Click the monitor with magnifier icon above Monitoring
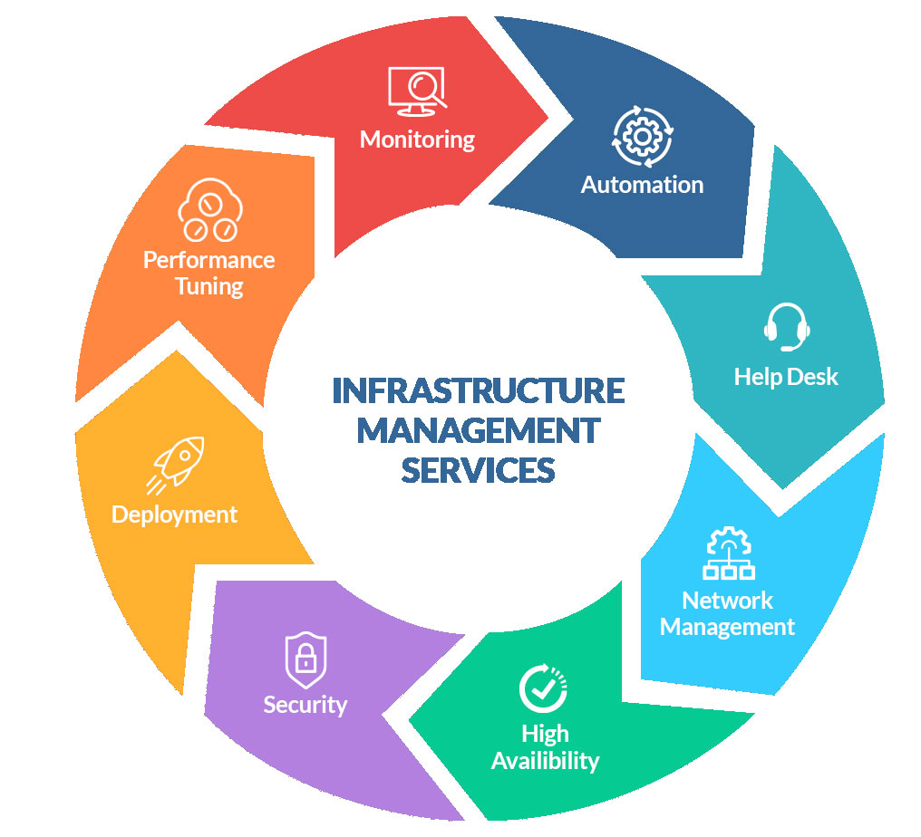[417, 91]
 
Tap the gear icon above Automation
[642, 137]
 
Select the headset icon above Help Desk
[786, 327]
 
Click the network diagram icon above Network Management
[729, 553]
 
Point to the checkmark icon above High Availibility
[543, 688]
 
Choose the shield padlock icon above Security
[305, 660]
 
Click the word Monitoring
[417, 139]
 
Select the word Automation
[642, 185]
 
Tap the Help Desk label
[786, 376]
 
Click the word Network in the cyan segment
[727, 601]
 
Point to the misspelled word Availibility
[545, 760]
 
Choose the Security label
[305, 704]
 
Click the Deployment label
[174, 515]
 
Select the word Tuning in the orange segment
[208, 287]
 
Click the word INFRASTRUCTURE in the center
[478, 390]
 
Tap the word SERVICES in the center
[478, 470]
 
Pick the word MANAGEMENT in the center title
[478, 430]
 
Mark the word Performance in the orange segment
[208, 260]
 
